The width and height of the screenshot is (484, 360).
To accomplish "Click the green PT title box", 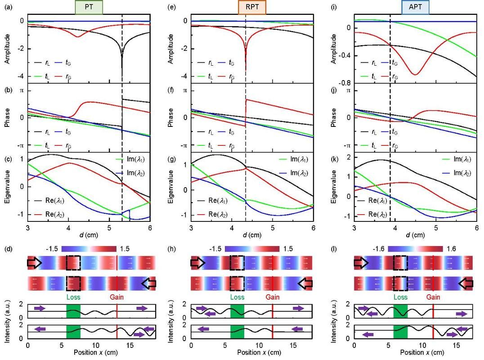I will (90, 8).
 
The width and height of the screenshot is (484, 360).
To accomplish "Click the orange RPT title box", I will (252, 8).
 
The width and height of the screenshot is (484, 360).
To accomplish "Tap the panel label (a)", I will (8, 7).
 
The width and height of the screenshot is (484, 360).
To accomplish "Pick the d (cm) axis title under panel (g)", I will (252, 234).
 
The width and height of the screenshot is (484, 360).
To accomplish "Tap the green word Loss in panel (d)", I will (73, 297).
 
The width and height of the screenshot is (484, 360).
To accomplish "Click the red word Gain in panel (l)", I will (433, 297).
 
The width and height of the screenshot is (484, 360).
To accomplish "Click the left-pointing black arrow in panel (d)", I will (149, 283).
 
